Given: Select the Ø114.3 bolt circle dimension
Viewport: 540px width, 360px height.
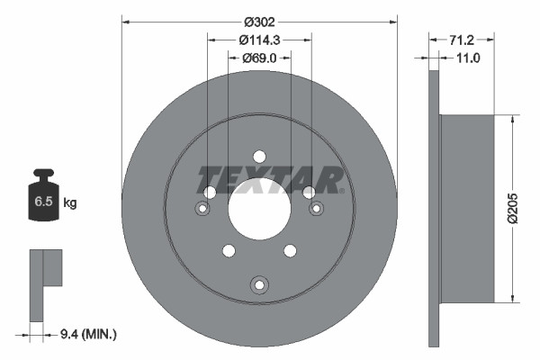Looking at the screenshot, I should (259, 39).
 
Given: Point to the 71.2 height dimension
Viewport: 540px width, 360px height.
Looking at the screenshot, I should (461, 39).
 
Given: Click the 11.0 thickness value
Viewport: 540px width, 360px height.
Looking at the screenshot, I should (470, 58).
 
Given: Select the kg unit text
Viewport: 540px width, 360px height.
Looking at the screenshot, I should (69, 203).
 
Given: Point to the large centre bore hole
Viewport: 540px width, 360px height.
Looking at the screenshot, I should (259, 209).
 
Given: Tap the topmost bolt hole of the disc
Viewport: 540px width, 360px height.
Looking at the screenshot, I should (259, 155).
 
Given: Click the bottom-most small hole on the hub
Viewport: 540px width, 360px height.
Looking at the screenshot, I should (259, 285).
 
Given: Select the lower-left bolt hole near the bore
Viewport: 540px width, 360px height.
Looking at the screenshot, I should (228, 251).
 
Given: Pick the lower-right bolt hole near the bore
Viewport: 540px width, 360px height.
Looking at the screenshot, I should (291, 251).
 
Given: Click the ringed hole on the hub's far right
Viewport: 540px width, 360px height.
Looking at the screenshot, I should (317, 209).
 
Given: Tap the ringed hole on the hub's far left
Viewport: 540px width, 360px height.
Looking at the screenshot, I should (202, 209).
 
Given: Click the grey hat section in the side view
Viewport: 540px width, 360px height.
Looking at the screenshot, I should (467, 208).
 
